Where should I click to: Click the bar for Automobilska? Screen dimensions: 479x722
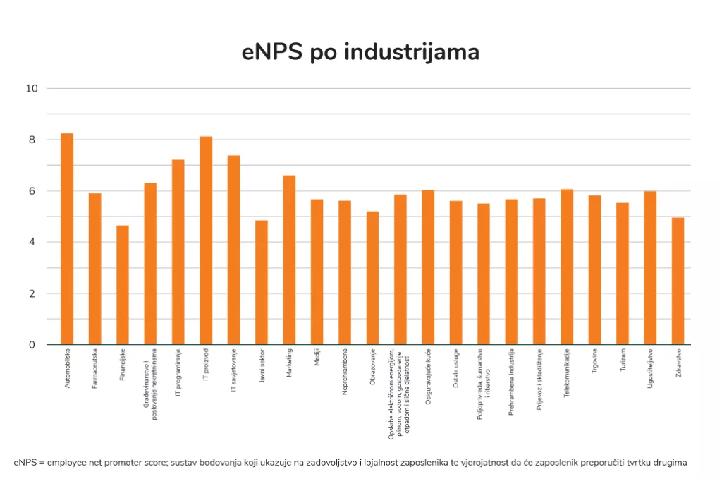67,239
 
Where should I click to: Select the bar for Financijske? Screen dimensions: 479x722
123,285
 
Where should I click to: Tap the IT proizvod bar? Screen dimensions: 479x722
206,241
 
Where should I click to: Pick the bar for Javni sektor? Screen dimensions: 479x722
262,282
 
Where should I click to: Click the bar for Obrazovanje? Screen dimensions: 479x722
372,278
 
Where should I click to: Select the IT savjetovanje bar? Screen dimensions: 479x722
233,250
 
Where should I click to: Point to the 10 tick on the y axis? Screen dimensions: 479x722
32,89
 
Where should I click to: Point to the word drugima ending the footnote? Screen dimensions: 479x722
669,463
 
